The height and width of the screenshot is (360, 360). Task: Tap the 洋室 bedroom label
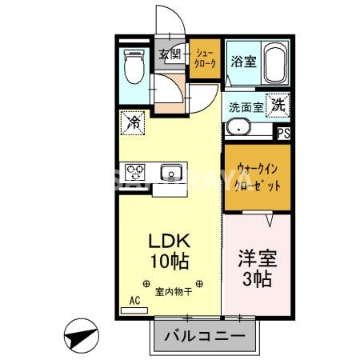click(x=255, y=259)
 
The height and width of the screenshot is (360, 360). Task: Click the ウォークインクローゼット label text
click(x=258, y=176)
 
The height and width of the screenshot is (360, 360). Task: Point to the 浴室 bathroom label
click(x=243, y=60)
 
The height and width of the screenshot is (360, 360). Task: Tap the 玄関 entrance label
click(x=170, y=54)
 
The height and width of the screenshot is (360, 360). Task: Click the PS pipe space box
click(x=284, y=134)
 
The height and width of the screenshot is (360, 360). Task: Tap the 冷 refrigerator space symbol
click(x=132, y=122)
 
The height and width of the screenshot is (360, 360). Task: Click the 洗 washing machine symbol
click(x=277, y=104)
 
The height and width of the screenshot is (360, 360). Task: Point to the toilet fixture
click(x=133, y=67)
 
